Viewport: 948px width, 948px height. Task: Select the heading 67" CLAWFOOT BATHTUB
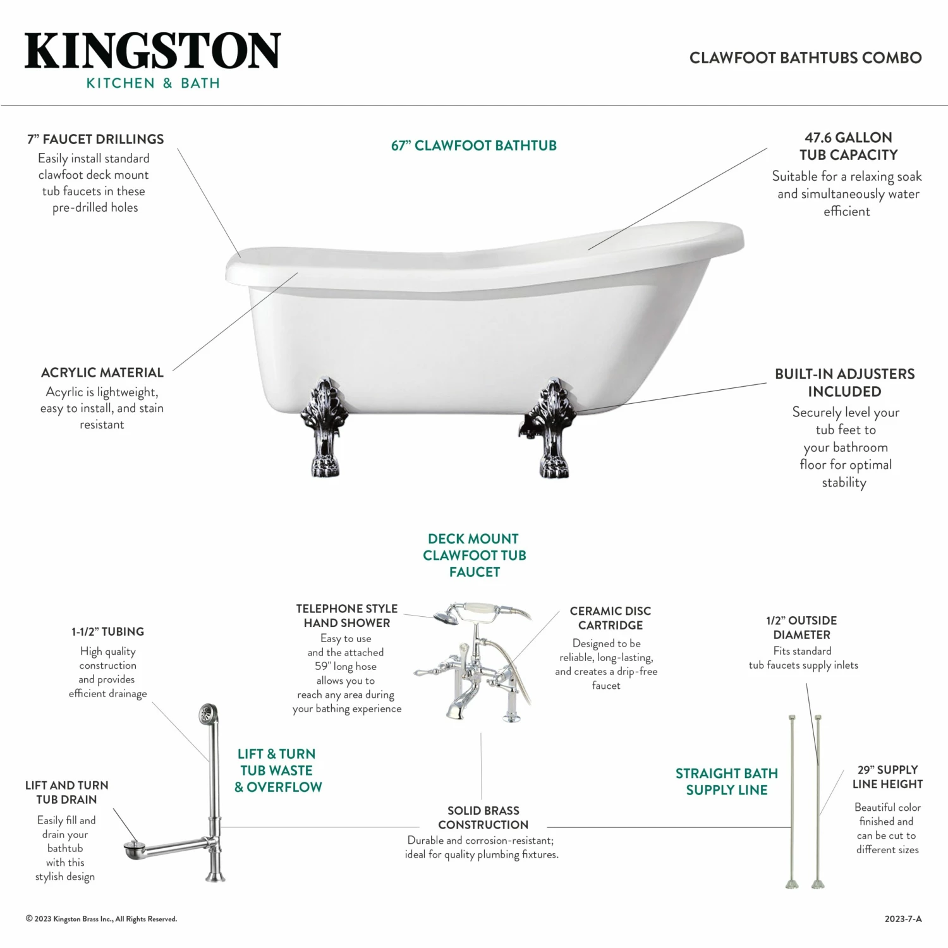click(473, 146)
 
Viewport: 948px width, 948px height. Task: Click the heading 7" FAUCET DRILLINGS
click(95, 139)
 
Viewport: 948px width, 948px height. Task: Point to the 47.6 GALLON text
click(848, 138)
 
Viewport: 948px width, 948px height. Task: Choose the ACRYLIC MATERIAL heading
click(102, 373)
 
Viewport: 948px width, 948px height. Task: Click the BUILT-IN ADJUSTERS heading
click(844, 374)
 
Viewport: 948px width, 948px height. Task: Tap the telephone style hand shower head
click(447, 616)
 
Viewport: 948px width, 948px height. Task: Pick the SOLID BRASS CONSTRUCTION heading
click(483, 818)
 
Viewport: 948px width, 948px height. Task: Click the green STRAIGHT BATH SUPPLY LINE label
click(726, 782)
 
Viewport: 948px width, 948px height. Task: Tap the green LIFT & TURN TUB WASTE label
click(277, 770)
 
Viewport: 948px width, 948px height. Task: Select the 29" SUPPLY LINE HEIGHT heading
click(887, 777)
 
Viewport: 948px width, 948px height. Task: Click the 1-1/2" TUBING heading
click(107, 632)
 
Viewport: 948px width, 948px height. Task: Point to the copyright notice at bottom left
click(101, 919)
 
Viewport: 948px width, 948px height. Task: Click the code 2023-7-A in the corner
click(902, 919)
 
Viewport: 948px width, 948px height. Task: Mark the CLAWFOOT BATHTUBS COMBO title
click(805, 58)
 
